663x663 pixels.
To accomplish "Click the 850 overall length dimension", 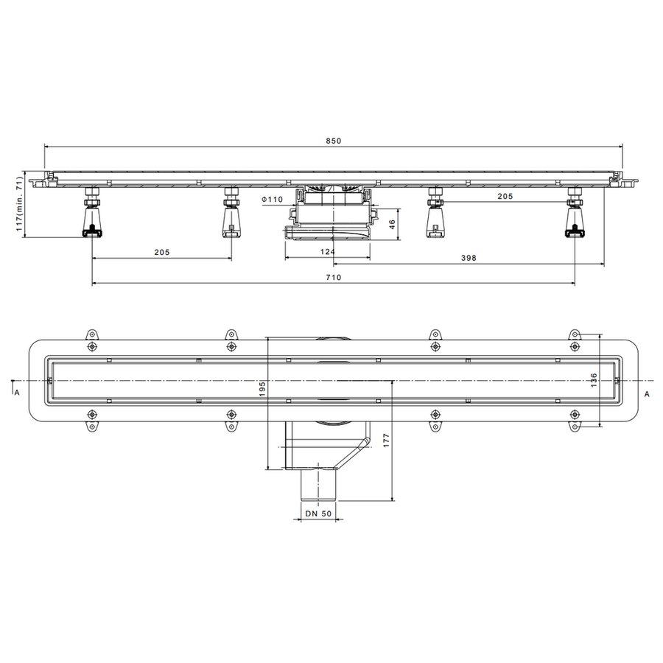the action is point(333,141).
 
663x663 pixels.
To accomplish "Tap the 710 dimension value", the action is point(333,278).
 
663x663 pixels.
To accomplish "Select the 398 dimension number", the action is point(469,258).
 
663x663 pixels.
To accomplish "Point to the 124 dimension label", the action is point(328,252).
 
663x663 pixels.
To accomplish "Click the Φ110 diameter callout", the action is point(273,199).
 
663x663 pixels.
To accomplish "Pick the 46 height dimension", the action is point(392,224).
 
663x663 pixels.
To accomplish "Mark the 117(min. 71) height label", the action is point(19,204).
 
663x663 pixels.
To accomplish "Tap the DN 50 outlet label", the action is point(318,513).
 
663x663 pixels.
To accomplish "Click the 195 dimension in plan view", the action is point(262,389).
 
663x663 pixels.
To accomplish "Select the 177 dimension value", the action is point(386,441).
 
